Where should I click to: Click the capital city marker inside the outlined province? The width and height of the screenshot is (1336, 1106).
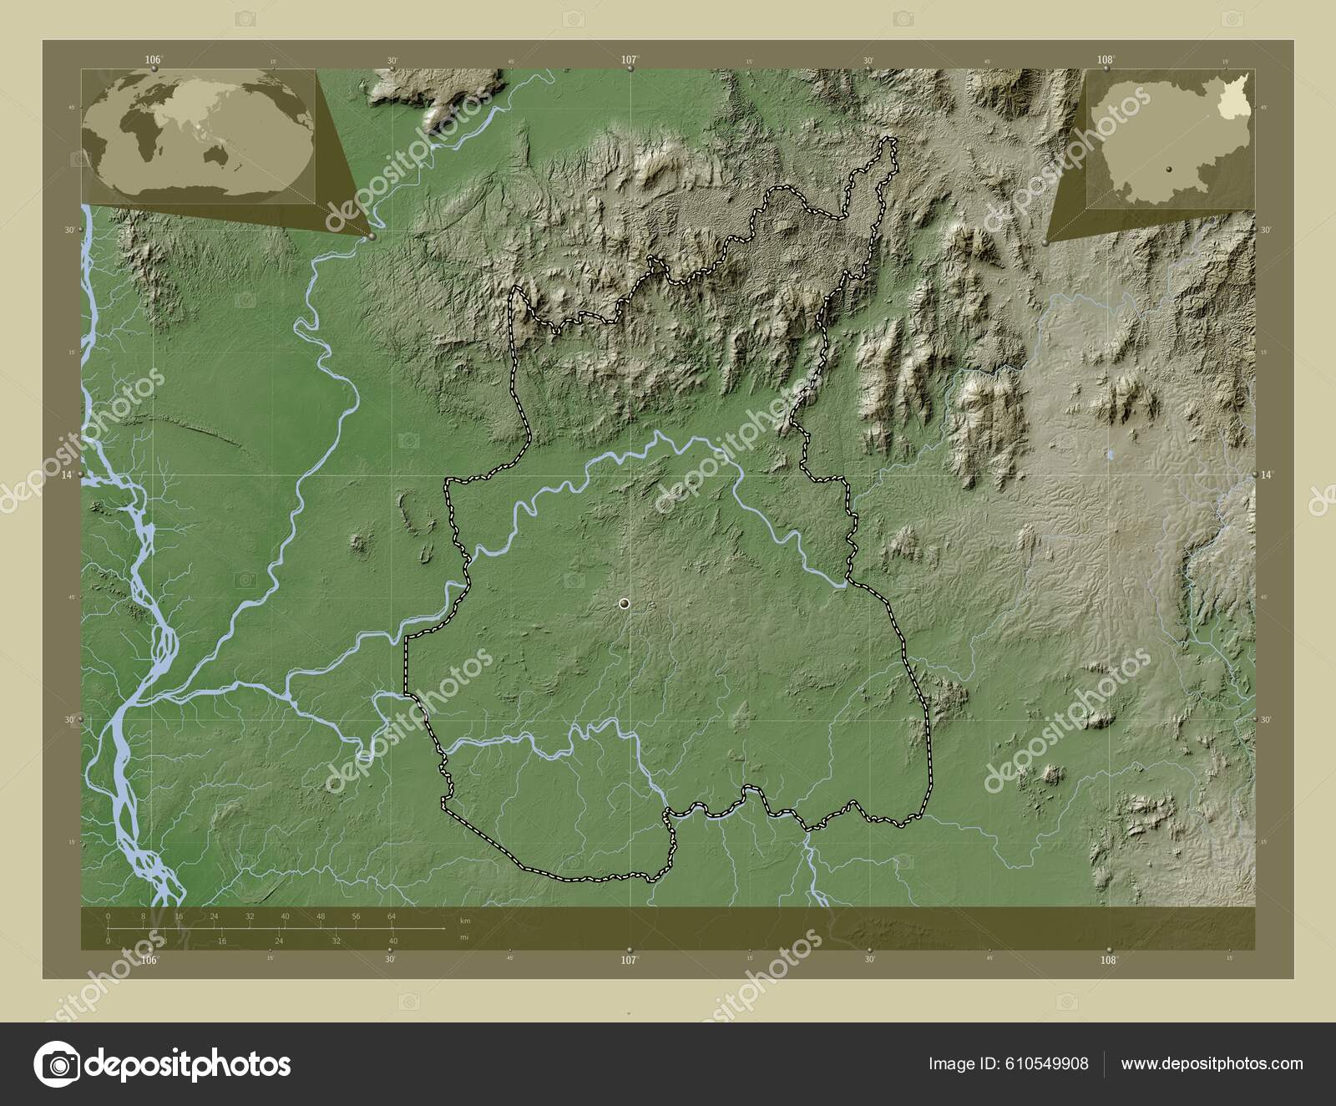(624, 603)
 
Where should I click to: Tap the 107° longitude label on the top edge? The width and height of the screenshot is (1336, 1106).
(630, 59)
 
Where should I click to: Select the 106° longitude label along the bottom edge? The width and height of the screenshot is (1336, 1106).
(149, 961)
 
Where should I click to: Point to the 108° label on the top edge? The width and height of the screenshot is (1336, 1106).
(1106, 59)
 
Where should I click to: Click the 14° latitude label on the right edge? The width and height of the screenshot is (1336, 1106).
(1267, 474)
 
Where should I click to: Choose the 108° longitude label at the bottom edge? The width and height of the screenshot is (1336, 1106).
(1108, 961)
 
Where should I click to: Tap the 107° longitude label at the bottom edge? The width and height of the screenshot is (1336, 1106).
(629, 961)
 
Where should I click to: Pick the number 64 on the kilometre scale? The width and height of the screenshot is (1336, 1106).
(392, 916)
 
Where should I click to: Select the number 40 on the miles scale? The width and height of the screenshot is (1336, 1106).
(392, 941)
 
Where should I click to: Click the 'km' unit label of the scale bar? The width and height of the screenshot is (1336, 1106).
(466, 921)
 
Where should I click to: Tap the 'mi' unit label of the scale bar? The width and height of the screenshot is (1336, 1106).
(464, 937)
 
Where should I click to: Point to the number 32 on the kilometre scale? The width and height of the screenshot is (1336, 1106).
(250, 916)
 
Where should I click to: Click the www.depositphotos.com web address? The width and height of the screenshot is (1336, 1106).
(1212, 1063)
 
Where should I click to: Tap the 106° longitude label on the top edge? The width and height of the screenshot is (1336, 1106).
(153, 59)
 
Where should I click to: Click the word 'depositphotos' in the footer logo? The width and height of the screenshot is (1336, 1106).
(189, 1065)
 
